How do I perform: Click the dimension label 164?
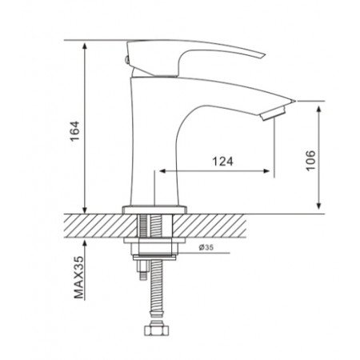(75, 131)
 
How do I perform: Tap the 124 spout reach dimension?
(222, 162)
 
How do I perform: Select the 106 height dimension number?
(310, 161)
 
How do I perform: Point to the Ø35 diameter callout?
(206, 247)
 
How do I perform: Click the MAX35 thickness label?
(78, 278)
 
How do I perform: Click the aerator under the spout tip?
(273, 114)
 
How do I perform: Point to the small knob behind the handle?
(127, 59)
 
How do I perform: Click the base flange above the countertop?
(154, 210)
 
